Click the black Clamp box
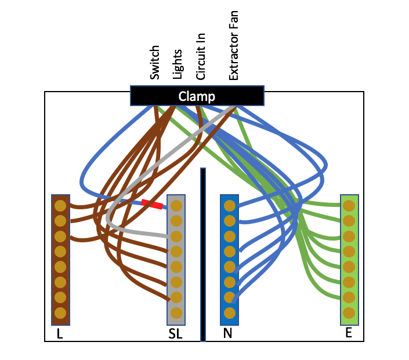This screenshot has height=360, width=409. click(197, 96)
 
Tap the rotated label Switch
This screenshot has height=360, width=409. click(155, 63)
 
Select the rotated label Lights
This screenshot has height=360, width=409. click(178, 64)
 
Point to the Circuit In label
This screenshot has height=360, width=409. click(201, 56)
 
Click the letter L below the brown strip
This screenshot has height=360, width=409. click(60, 334)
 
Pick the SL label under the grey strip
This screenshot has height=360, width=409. click(175, 334)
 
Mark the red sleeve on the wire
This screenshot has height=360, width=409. click(152, 204)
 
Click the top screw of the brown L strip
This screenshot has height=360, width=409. click(60, 206)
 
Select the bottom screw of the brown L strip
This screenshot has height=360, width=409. click(60, 312)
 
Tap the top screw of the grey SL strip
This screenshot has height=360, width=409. click(176, 206)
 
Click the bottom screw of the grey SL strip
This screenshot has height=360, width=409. click(176, 312)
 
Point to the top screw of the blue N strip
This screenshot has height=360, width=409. click(229, 206)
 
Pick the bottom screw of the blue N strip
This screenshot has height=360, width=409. click(229, 312)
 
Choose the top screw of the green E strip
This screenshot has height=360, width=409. click(349, 206)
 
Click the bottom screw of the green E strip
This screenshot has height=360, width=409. click(349, 312)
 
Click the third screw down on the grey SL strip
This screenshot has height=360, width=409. click(176, 237)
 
